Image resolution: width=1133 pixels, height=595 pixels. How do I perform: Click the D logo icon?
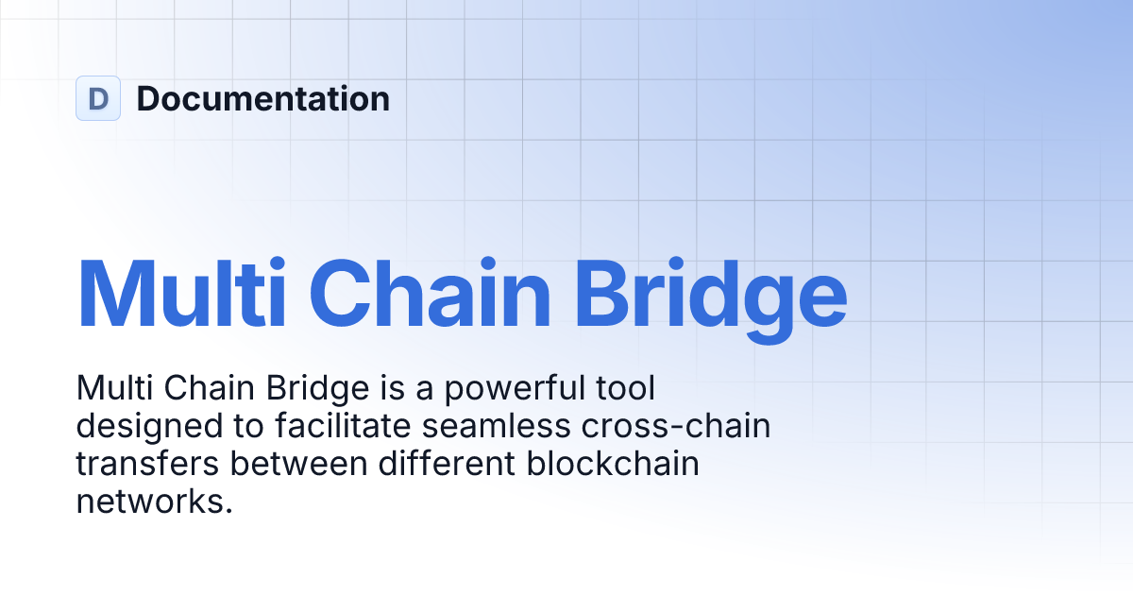(98, 98)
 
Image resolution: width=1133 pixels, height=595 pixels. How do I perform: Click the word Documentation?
(262, 98)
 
